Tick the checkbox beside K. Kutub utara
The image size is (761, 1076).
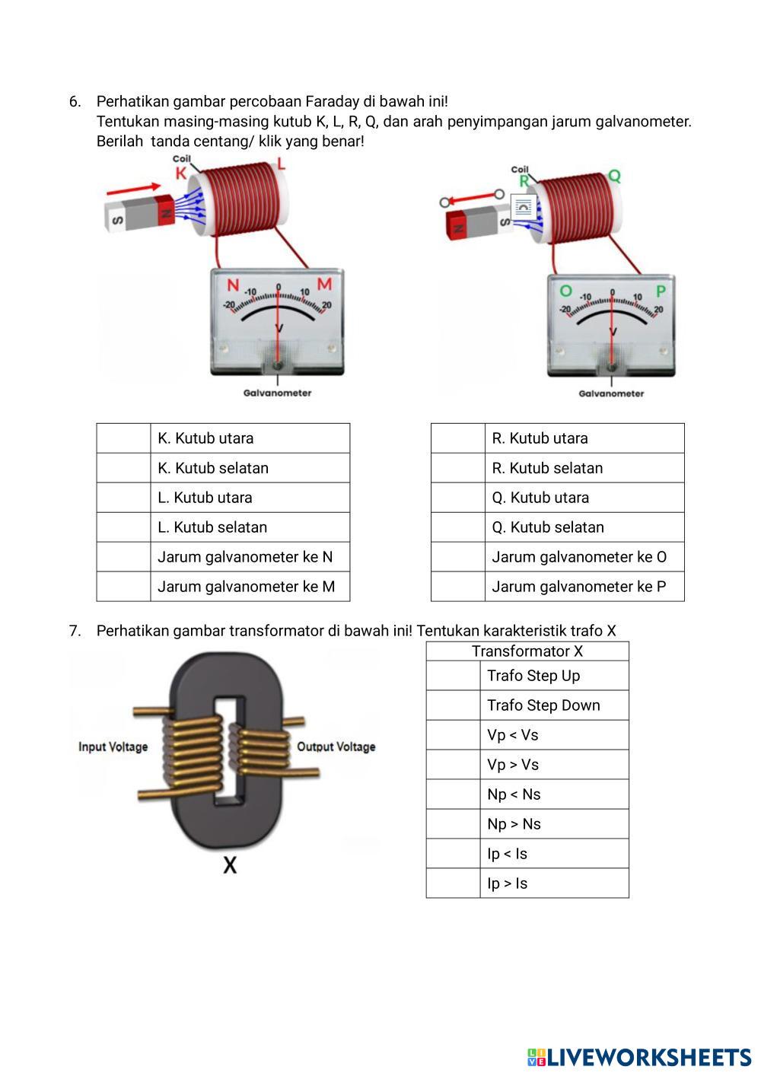(123, 438)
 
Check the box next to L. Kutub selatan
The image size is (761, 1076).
(123, 527)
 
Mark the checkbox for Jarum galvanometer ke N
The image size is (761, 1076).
(123, 557)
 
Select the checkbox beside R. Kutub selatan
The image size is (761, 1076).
(458, 468)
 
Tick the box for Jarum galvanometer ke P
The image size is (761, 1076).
(458, 587)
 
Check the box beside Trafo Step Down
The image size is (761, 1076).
(454, 705)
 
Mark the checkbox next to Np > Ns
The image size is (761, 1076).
(454, 824)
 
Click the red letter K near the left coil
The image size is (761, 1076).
(181, 173)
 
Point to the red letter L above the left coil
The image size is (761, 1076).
(281, 164)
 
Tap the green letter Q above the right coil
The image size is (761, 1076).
(614, 176)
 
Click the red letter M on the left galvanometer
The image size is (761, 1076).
(324, 285)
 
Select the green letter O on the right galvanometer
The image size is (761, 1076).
(565, 291)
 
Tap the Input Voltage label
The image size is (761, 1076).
(113, 747)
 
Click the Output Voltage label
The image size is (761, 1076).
(336, 747)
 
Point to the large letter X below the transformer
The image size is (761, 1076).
(230, 864)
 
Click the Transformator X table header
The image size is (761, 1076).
(527, 651)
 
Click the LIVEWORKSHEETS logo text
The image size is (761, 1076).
(648, 1057)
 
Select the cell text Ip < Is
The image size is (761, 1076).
(507, 854)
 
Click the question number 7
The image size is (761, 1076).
(75, 631)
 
